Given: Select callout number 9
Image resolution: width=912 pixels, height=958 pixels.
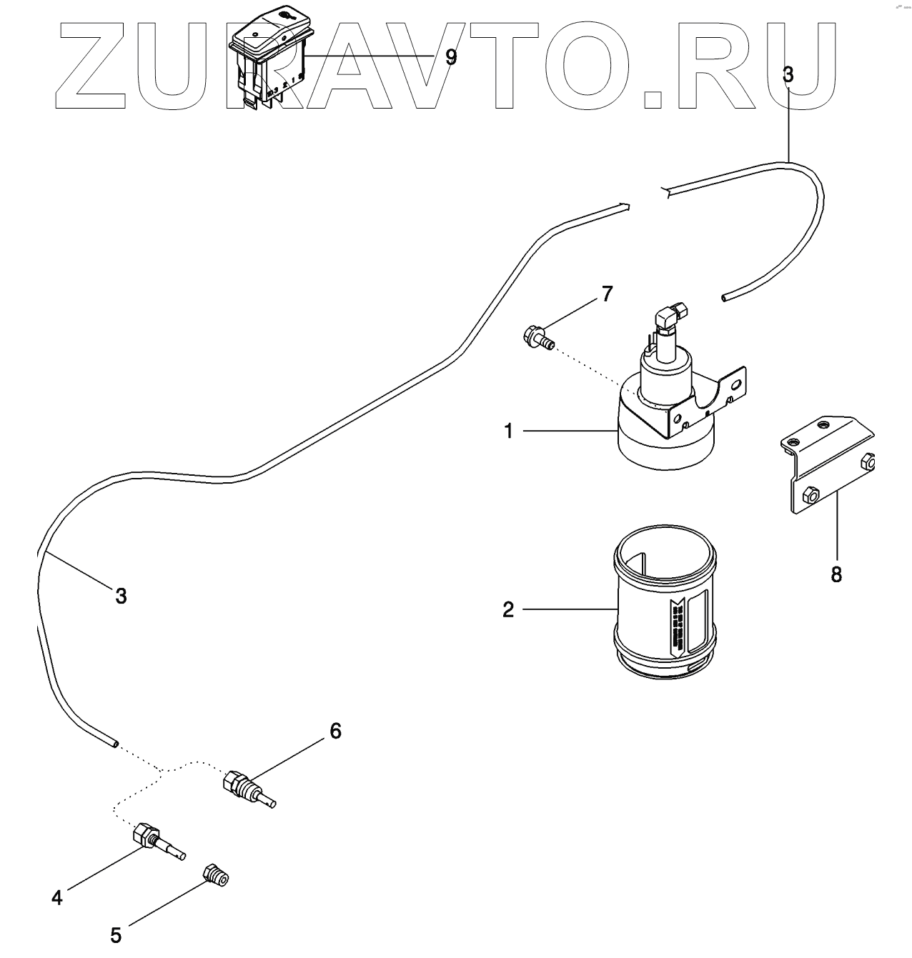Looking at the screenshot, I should [450, 57].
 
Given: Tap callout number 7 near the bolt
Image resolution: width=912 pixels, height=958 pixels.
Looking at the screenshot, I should [607, 293].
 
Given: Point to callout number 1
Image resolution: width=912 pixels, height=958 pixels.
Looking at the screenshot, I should [509, 431].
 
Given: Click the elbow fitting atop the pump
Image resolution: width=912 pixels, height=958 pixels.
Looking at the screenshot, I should [673, 314].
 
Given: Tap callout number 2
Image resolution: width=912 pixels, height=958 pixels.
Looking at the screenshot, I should [508, 609].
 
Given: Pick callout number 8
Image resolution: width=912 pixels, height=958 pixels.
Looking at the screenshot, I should [836, 574].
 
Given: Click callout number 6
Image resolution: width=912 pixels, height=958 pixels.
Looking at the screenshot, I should [335, 731].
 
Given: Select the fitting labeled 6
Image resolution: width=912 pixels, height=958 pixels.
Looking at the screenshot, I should [247, 789].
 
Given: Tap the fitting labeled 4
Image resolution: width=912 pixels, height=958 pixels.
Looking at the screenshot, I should [157, 841].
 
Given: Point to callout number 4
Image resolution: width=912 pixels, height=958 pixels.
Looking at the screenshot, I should [57, 897].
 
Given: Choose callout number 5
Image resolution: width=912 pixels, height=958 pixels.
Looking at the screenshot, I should [116, 934].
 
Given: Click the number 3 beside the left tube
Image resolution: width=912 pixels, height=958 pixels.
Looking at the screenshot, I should [121, 595].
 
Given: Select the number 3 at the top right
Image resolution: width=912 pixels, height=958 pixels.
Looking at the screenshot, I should [788, 75].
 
